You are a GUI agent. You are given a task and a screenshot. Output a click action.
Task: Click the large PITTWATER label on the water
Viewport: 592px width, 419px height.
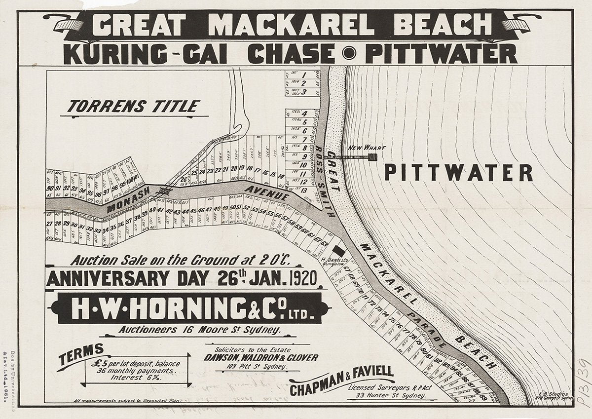coord(458,173)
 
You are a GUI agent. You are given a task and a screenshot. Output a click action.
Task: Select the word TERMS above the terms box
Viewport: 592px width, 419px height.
coord(80,355)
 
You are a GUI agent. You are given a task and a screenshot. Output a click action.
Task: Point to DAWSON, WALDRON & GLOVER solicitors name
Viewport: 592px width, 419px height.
coord(261,357)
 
